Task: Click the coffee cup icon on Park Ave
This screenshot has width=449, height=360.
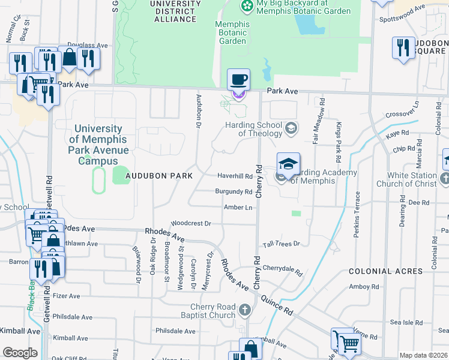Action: [238, 79]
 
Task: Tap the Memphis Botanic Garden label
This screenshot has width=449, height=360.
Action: [231, 33]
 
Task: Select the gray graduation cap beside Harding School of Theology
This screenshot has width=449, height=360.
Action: [291, 127]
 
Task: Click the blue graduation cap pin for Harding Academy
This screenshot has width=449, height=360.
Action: [288, 163]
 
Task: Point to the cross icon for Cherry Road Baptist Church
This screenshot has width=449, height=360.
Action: [244, 310]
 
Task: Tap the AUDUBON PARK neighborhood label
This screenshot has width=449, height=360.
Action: [160, 176]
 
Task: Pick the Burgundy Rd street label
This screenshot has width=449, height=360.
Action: [234, 192]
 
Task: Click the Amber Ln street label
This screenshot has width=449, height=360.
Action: [237, 207]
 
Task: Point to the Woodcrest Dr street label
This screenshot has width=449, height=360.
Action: [191, 223]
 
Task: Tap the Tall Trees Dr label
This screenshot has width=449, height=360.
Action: [281, 244]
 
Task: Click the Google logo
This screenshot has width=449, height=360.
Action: [19, 353]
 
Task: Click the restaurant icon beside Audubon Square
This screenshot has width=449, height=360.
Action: [403, 47]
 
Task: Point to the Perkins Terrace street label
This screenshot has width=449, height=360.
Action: [357, 214]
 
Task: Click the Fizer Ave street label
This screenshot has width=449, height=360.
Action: [66, 296]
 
